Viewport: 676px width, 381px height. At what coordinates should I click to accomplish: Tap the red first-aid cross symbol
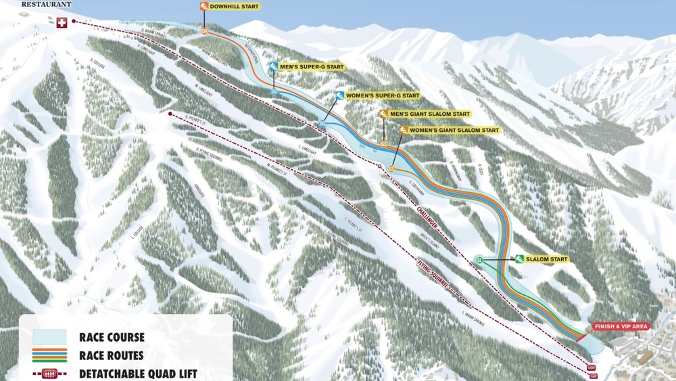62,23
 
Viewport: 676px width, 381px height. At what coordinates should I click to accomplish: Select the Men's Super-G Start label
312,67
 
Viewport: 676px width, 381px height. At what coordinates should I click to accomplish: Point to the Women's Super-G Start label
383,96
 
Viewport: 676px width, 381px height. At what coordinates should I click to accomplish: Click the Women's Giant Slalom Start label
454,130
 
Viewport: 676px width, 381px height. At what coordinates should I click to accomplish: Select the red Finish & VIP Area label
621,326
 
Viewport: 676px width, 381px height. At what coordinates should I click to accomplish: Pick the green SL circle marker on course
479,260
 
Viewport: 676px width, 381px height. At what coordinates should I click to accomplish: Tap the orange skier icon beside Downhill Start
204,7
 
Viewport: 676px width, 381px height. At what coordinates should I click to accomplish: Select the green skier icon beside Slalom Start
519,259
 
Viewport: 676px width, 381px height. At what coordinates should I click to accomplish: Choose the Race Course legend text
112,337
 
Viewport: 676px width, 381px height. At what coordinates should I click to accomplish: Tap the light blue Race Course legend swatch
50,337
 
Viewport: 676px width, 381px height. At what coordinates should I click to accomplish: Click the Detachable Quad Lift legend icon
50,373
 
